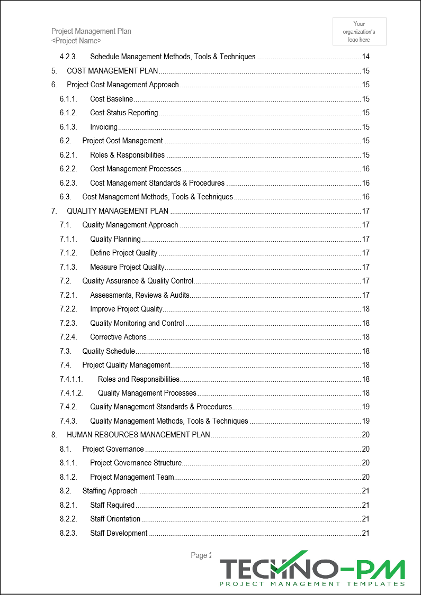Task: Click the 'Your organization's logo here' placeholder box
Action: click(x=359, y=31)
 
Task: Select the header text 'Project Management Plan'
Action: click(x=91, y=31)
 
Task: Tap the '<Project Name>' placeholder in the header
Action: click(x=76, y=41)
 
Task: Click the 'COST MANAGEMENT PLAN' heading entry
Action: click(x=112, y=71)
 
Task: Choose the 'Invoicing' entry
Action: click(x=104, y=127)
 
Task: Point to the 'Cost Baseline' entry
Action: click(x=112, y=99)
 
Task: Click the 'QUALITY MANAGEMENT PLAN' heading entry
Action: click(x=118, y=211)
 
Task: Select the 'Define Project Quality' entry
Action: click(x=124, y=253)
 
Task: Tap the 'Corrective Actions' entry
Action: click(x=118, y=337)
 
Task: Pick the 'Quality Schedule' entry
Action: click(x=109, y=351)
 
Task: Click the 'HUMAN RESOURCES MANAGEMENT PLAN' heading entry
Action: click(x=138, y=435)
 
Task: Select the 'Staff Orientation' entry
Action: click(x=115, y=519)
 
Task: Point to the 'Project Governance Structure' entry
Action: click(x=136, y=463)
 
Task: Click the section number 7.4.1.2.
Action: click(x=71, y=393)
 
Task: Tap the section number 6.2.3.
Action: click(x=68, y=183)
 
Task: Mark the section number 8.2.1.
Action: click(x=68, y=505)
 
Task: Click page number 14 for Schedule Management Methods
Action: click(x=365, y=57)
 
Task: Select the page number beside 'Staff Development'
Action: click(x=365, y=533)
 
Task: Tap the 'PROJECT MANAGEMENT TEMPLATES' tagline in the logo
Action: click(x=312, y=584)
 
